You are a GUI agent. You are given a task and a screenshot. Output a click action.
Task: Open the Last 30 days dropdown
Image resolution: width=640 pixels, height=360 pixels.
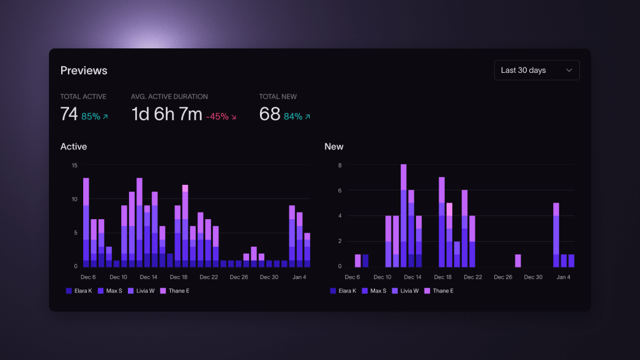[x=537, y=70]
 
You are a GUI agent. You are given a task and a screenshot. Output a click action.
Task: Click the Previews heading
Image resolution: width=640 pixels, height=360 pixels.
[x=84, y=70]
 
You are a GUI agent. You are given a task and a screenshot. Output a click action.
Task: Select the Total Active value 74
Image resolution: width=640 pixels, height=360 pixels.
[x=69, y=114]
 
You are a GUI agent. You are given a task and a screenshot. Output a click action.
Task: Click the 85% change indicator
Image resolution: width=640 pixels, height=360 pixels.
[x=94, y=116]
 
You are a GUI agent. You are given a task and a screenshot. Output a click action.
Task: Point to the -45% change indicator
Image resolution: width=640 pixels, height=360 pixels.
[x=221, y=116]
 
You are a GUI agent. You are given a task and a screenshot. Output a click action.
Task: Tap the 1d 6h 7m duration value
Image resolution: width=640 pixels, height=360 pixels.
[x=166, y=114]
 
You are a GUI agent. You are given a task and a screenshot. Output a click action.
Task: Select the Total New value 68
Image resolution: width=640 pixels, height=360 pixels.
[x=270, y=114]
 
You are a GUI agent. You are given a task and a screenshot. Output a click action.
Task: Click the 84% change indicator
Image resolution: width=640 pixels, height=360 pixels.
[x=297, y=116]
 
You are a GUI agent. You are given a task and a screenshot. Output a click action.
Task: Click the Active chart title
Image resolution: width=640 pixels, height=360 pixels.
[x=73, y=146]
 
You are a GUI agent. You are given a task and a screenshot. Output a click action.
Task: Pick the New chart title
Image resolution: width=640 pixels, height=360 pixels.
[x=334, y=146]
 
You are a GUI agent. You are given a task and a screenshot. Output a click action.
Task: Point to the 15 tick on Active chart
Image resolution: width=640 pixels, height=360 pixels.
[x=75, y=165]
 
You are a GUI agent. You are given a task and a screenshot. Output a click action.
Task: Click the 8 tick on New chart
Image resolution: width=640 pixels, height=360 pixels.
[x=339, y=165]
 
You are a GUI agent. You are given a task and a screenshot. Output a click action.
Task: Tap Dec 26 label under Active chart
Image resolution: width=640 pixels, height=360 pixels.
[x=239, y=277]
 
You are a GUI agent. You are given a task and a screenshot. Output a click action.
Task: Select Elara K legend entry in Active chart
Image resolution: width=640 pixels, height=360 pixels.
[x=79, y=291]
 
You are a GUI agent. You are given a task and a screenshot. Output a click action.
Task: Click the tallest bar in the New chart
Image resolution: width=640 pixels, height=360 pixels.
[x=404, y=215]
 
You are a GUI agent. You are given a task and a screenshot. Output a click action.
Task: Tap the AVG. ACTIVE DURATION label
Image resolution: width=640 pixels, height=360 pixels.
[x=169, y=97]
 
